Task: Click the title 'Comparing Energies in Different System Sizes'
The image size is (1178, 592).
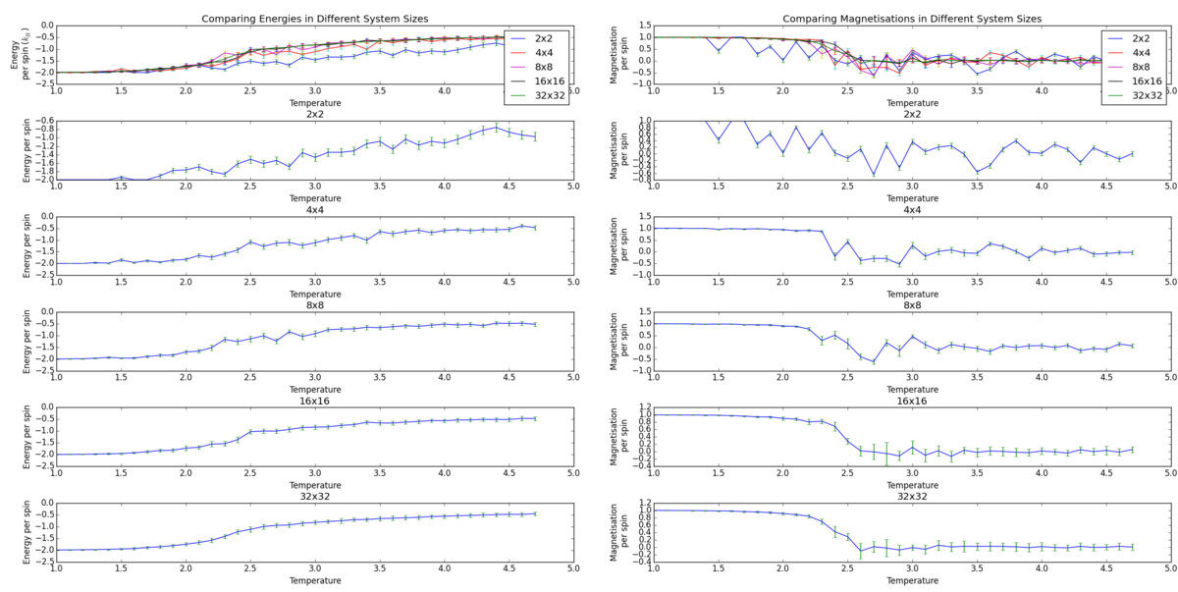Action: (314, 19)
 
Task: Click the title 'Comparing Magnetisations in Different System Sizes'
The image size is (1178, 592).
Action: (912, 19)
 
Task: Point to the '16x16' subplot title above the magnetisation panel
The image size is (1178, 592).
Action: (912, 401)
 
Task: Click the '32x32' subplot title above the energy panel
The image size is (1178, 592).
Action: (314, 497)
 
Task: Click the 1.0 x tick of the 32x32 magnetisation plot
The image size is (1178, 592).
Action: (653, 568)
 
